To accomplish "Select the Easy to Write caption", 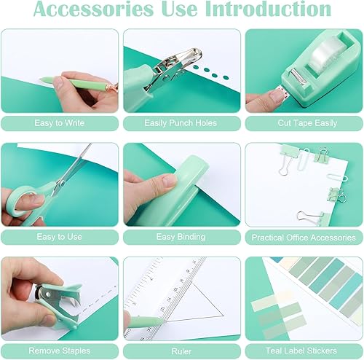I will [59, 123].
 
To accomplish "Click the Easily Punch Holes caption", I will [181, 123].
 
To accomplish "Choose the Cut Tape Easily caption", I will [304, 123].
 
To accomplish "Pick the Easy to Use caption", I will [59, 237].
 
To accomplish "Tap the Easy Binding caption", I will [181, 237].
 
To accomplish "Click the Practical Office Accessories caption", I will [304, 238].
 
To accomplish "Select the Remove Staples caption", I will [59, 351].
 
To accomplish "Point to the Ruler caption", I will [181, 351].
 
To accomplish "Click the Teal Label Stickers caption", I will [304, 351].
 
